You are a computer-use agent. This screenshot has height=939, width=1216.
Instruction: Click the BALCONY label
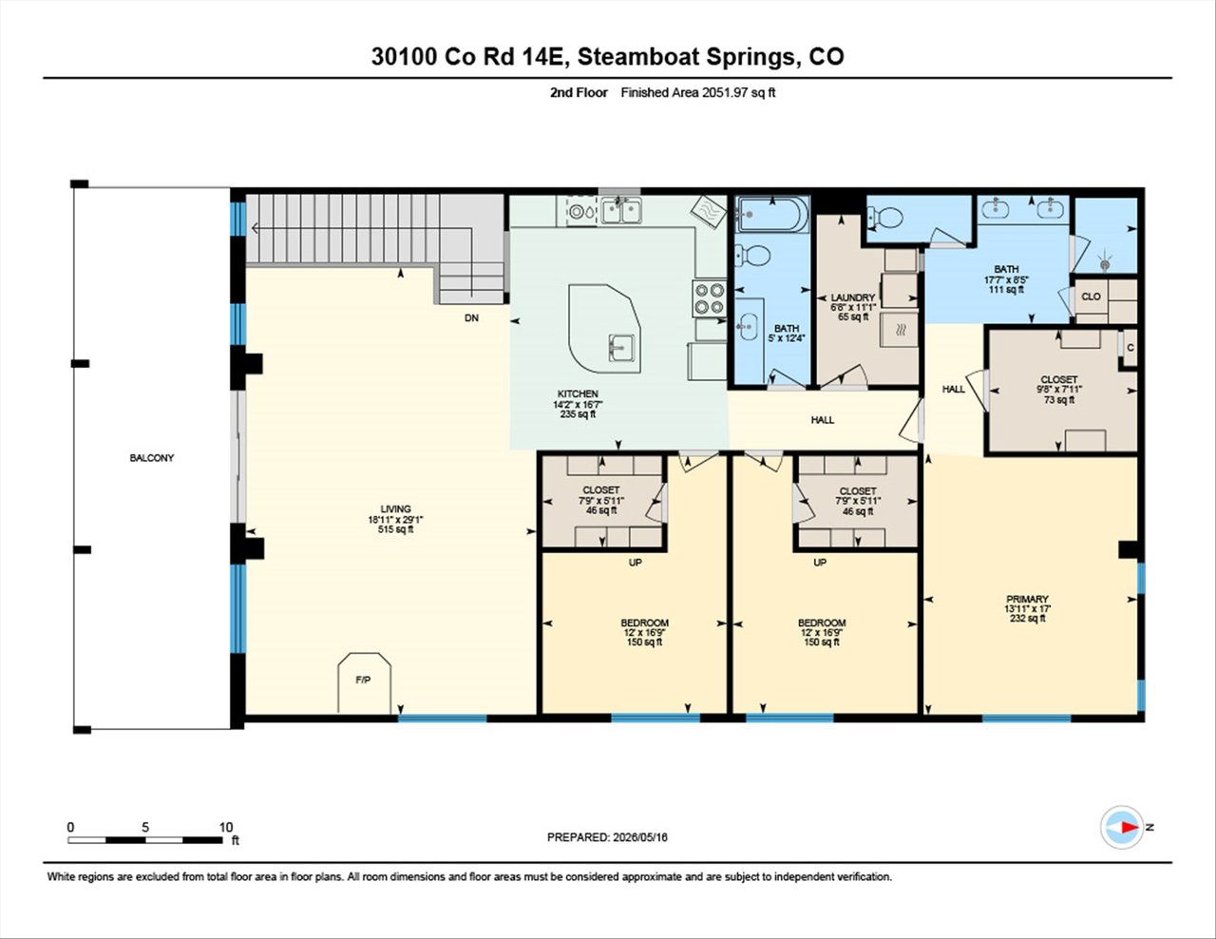[152, 458]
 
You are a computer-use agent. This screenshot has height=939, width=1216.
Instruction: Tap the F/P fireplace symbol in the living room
[364, 682]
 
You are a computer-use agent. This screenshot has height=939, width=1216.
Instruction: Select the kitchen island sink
[620, 348]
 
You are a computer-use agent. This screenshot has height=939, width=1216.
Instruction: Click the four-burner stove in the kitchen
[709, 298]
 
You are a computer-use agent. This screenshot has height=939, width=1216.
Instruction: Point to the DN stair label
[472, 317]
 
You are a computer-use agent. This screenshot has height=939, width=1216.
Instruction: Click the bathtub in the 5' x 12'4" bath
[771, 214]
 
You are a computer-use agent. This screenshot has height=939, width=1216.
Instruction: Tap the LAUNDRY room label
[852, 297]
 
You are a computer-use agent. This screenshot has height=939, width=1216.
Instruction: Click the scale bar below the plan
[145, 840]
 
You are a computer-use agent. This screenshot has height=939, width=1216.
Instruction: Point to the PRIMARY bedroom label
[1027, 599]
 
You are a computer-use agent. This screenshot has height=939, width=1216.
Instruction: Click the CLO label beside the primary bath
[1091, 297]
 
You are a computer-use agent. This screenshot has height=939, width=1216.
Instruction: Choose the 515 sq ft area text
[395, 529]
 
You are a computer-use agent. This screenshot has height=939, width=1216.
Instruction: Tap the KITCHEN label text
[578, 394]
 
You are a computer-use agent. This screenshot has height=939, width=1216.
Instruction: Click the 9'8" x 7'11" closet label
[1058, 390]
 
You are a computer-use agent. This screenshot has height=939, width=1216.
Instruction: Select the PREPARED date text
[607, 853]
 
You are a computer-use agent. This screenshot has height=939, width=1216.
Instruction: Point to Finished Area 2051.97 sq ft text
[698, 93]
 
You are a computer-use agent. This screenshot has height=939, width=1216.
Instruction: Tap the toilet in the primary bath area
[884, 217]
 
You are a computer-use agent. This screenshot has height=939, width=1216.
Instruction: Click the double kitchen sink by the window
[621, 211]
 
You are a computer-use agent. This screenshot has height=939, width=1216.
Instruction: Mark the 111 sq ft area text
[1006, 289]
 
